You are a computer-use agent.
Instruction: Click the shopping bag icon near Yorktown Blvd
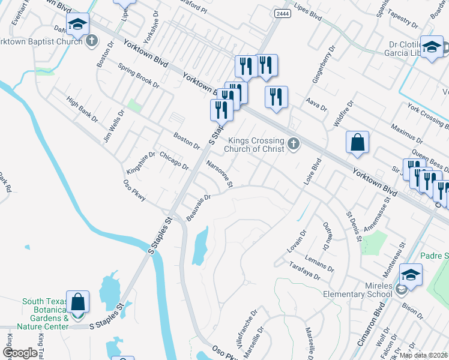click(357, 143)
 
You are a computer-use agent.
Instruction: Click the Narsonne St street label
click(220, 173)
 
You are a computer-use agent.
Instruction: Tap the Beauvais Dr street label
click(199, 207)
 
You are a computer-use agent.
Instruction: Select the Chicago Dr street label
click(174, 160)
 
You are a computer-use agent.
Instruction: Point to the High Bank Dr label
click(82, 110)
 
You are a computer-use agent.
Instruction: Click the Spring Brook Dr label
click(138, 76)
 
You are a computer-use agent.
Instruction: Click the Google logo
click(19, 353)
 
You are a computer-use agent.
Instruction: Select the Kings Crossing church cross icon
click(293, 143)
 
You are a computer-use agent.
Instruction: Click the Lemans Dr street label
click(319, 262)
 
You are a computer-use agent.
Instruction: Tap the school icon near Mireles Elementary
click(411, 274)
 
